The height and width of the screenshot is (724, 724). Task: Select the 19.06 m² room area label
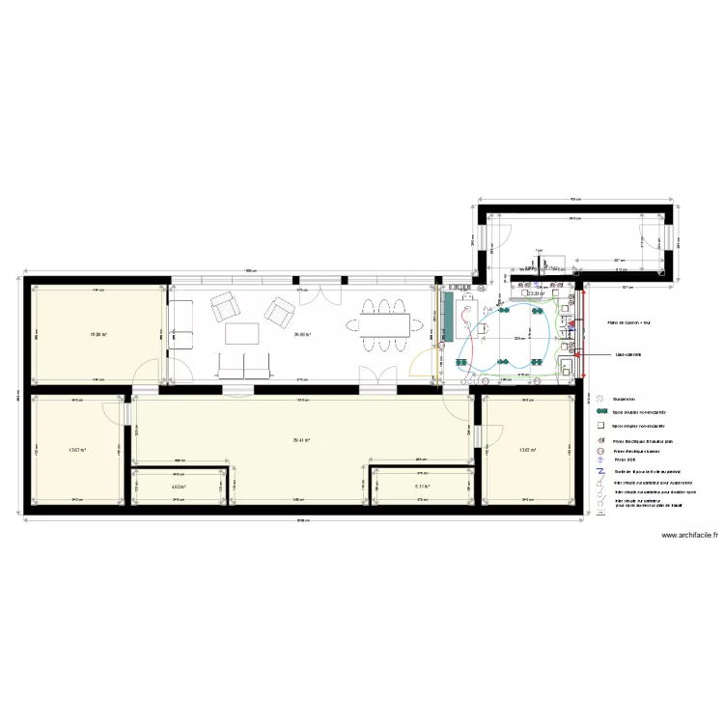97,335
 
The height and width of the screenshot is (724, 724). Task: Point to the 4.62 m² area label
178,487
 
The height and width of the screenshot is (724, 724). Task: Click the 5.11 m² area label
421,487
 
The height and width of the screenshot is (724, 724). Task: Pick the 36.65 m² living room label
301,335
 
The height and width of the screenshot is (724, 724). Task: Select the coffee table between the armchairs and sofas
242,333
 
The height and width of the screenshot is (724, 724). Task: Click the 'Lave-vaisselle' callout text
630,355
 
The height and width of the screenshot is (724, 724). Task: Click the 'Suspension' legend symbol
600,397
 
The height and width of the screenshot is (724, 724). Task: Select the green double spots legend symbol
600,410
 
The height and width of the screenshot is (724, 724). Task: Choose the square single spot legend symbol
600,424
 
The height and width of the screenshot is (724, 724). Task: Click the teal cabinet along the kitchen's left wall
447,317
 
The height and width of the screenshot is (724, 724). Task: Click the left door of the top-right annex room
499,229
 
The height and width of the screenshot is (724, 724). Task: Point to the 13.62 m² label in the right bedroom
527,449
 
